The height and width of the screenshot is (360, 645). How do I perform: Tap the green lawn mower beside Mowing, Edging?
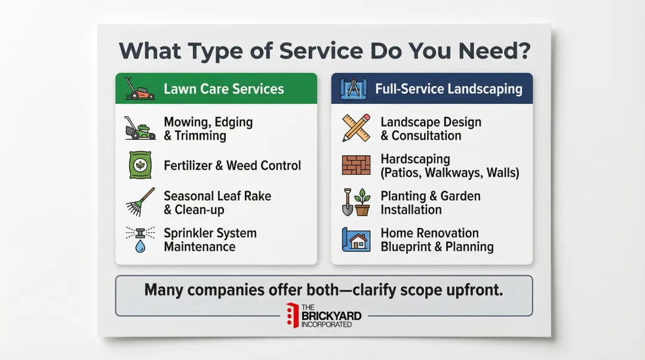(140, 128)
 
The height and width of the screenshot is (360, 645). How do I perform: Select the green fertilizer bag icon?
(140, 165)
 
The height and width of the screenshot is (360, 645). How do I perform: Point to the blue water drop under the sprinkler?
(140, 245)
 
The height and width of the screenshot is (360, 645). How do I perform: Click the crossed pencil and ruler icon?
(356, 128)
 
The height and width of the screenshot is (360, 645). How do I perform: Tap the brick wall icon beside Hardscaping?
(356, 165)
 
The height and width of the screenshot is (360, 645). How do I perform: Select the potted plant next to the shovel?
(363, 202)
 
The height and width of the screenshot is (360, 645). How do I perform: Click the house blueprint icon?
(356, 239)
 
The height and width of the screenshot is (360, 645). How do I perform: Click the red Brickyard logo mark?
(292, 315)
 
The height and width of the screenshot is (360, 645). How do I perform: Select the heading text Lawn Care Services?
(223, 89)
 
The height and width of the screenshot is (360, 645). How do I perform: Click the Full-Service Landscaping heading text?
(449, 89)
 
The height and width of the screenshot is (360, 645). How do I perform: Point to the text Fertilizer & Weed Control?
(232, 165)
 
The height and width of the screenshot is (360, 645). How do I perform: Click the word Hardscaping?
(415, 159)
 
